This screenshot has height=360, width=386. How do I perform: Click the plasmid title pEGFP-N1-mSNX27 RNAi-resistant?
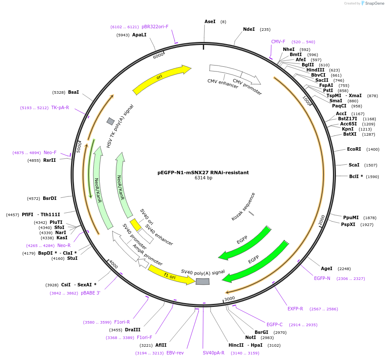click(x=203, y=173)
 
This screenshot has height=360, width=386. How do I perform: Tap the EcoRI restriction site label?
click(x=354, y=149)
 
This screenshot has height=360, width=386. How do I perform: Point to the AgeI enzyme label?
click(x=327, y=268)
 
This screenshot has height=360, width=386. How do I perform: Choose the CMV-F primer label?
click(x=278, y=42)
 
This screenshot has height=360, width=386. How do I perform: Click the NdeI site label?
click(x=249, y=30)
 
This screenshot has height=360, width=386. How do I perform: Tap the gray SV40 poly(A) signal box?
click(x=202, y=281)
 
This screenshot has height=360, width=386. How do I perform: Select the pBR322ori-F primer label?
click(x=155, y=27)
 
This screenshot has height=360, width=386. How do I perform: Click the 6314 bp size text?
click(x=203, y=178)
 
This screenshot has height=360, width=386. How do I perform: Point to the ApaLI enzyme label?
click(x=139, y=35)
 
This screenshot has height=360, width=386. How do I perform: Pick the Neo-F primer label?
click(x=50, y=152)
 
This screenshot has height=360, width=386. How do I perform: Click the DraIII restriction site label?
click(x=133, y=330)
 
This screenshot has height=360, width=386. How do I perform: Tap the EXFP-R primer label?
click(x=295, y=309)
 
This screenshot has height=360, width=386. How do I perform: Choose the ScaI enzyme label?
click(x=354, y=165)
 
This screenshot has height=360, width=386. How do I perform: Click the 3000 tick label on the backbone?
click(x=230, y=298)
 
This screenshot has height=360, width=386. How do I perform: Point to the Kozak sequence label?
click(x=243, y=207)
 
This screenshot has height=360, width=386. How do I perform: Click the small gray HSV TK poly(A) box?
click(x=110, y=121)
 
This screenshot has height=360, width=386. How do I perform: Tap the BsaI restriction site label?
click(x=74, y=92)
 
